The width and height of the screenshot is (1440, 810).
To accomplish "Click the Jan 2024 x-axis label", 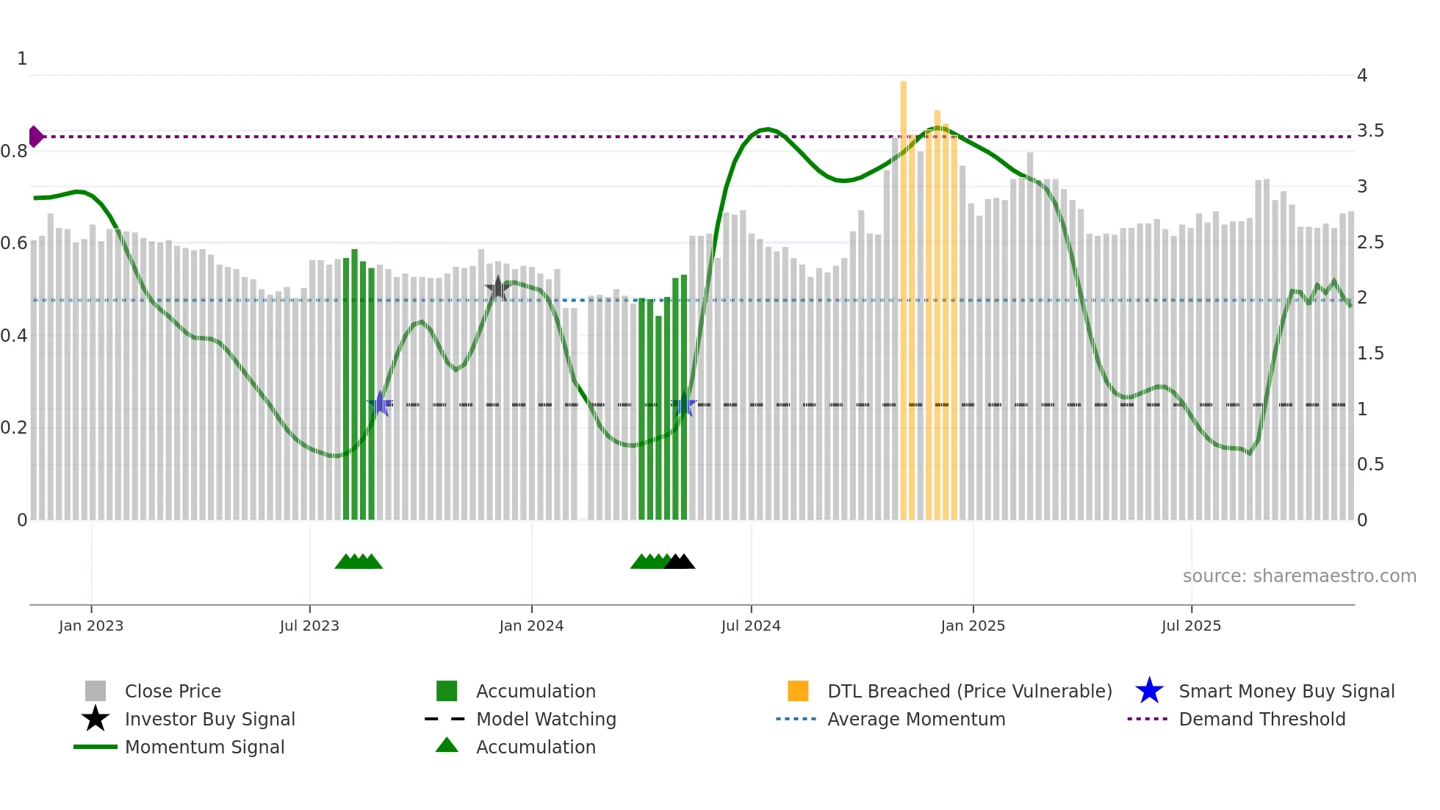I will pyautogui.click(x=531, y=626).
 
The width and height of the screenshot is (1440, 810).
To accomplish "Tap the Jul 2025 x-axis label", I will pyautogui.click(x=1191, y=626).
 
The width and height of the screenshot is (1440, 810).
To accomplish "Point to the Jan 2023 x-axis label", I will pyautogui.click(x=91, y=626).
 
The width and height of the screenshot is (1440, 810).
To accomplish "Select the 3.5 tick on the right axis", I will pyautogui.click(x=1370, y=131).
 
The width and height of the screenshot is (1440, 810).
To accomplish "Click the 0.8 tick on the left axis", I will pyautogui.click(x=14, y=151).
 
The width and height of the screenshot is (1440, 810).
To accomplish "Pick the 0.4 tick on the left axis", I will pyautogui.click(x=14, y=336).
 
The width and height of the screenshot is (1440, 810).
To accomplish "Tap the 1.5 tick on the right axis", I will pyautogui.click(x=1370, y=354).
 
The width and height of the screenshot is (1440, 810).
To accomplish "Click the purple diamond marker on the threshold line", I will pyautogui.click(x=35, y=137).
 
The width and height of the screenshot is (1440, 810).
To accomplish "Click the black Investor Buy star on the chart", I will pyautogui.click(x=497, y=288).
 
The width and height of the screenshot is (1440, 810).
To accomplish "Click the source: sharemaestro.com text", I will pyautogui.click(x=1299, y=576).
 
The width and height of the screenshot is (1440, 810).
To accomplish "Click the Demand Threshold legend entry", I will pyautogui.click(x=1261, y=719).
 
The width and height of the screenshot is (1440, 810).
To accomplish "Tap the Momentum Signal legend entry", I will pyautogui.click(x=204, y=747).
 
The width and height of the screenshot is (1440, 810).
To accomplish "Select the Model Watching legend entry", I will pyautogui.click(x=545, y=719).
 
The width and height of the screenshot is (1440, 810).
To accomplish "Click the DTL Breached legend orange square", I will pyautogui.click(x=798, y=691).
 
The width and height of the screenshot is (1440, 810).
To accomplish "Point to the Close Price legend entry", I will pyautogui.click(x=172, y=691).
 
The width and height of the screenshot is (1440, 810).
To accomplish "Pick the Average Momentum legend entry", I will pyautogui.click(x=915, y=719).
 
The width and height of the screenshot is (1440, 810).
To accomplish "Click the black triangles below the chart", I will pyautogui.click(x=680, y=562).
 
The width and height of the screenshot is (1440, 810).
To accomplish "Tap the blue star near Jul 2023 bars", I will pyautogui.click(x=380, y=404).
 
